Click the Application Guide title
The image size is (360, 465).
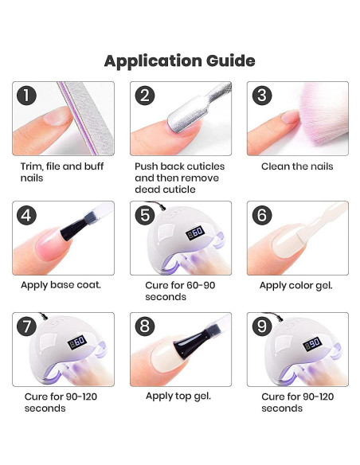coord(180,61)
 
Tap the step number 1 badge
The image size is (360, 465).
coord(26,96)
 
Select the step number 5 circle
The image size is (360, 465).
coord(145,215)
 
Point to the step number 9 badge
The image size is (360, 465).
coord(262,326)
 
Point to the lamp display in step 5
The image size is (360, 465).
coord(195,232)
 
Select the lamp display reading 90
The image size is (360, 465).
coord(312,344)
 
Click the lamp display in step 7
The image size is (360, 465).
coord(77,342)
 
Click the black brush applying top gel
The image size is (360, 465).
coord(198,341)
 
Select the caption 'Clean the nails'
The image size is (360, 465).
coord(297,166)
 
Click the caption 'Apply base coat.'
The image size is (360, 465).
coord(61,285)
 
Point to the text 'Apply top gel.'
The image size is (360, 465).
coord(178,397)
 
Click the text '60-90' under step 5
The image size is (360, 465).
coord(201,285)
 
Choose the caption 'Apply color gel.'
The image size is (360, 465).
coord(296,286)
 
